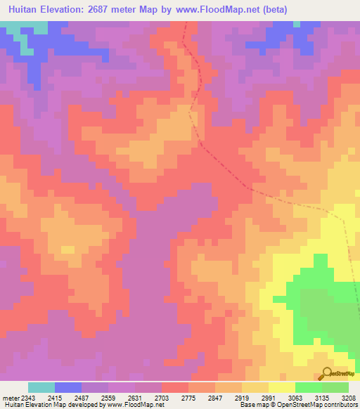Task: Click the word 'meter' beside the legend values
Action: pyautogui.click(x=9, y=396)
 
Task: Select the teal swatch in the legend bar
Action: pyautogui.click(x=41, y=387)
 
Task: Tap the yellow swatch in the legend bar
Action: pyautogui.click(x=281, y=387)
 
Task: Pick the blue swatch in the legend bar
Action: pyautogui.click(x=68, y=387)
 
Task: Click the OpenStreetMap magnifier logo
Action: pyautogui.click(x=326, y=372)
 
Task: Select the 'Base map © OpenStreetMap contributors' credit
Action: pyautogui.click(x=298, y=405)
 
